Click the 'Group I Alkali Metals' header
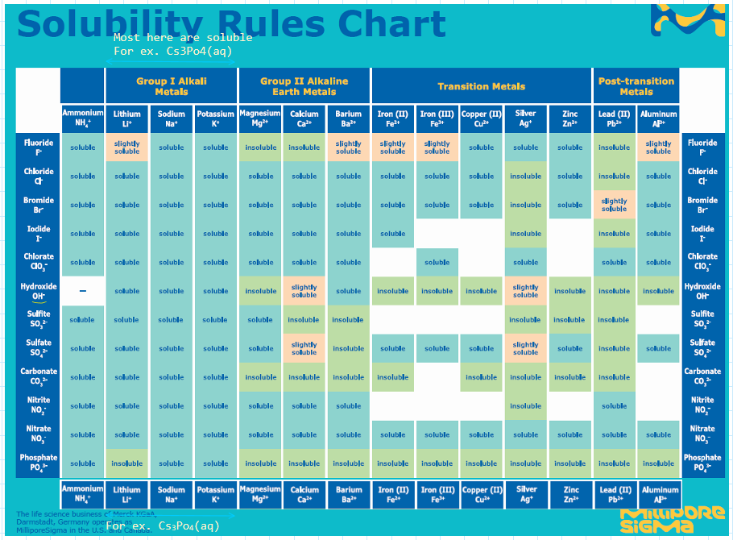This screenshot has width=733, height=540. [171, 86]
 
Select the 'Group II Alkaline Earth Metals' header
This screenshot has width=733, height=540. [304, 86]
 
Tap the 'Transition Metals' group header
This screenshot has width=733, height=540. [481, 86]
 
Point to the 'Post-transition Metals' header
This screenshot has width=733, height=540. [636, 86]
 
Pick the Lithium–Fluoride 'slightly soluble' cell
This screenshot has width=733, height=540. [126, 147]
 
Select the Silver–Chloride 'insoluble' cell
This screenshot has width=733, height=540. [525, 177]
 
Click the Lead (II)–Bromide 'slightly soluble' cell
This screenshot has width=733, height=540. [614, 205]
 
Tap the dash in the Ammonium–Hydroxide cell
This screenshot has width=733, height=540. [82, 291]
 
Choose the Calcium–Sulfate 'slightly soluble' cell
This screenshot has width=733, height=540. [304, 348]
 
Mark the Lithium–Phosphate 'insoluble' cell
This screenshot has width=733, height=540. [126, 463]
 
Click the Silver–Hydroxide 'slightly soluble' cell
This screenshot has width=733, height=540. [525, 291]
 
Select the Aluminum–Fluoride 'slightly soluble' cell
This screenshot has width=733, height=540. [658, 147]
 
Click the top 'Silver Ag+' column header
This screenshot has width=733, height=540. [525, 118]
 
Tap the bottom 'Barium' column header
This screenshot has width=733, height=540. [349, 494]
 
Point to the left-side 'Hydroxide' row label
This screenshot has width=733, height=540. [38, 291]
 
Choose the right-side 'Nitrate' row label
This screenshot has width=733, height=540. [702, 434]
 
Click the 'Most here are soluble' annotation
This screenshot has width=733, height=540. [183, 38]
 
